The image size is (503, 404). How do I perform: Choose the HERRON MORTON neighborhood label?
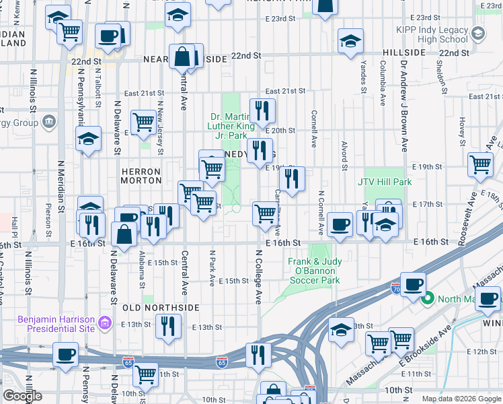pyautogui.click(x=141, y=176)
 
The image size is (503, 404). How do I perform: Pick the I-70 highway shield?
pyautogui.click(x=396, y=287)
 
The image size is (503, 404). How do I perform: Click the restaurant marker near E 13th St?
pyautogui.click(x=168, y=325)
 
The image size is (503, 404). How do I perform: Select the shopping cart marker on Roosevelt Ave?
pyautogui.click(x=481, y=164)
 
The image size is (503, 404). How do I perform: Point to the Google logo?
pyautogui.click(x=22, y=396)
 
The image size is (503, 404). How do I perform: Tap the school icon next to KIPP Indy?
pyautogui.click(x=478, y=33)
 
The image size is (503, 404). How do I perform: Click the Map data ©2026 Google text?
pyautogui.click(x=461, y=399)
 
